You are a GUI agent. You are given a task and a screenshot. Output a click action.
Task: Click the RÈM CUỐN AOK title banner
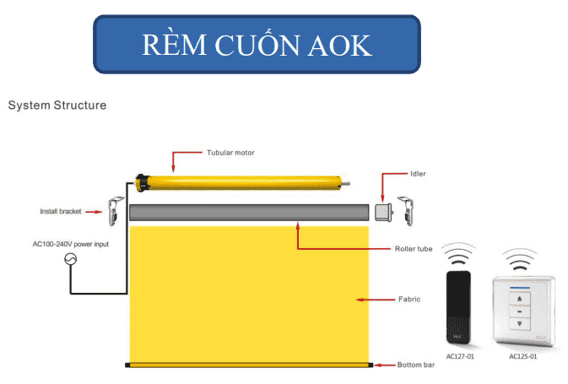(x=257, y=44)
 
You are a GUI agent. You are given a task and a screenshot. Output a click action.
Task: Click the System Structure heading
(x=57, y=106)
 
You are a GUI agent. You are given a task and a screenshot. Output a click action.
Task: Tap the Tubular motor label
(x=230, y=153)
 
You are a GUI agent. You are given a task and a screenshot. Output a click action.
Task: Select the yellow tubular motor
(x=241, y=181)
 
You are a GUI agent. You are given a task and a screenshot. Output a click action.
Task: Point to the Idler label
(x=419, y=174)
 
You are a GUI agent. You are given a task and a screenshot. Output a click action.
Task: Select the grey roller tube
(x=249, y=213)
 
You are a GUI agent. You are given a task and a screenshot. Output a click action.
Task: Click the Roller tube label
(x=415, y=249)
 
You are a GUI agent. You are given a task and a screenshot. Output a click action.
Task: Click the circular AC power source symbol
(x=72, y=261)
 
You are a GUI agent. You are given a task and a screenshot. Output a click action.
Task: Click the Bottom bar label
(x=416, y=365)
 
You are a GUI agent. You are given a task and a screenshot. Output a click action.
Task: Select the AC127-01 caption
(x=461, y=357)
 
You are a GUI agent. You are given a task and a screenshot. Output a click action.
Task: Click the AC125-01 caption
(x=525, y=357)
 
